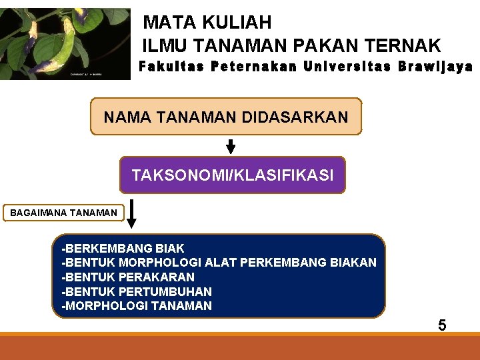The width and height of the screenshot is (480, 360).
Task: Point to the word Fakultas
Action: [x=171, y=67]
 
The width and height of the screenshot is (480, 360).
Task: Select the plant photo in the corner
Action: [x=65, y=43]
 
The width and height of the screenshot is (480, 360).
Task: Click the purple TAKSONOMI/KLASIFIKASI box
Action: [x=232, y=175]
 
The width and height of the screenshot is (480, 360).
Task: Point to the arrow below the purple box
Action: [x=131, y=213]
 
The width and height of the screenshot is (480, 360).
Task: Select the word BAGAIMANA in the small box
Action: [x=37, y=213]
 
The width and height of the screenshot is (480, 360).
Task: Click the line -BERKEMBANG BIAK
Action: [x=123, y=249]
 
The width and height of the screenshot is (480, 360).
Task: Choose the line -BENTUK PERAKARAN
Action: [x=128, y=277]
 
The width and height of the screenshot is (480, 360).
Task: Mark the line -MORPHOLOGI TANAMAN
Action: [x=137, y=306]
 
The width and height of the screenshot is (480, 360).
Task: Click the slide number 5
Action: [x=442, y=326]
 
